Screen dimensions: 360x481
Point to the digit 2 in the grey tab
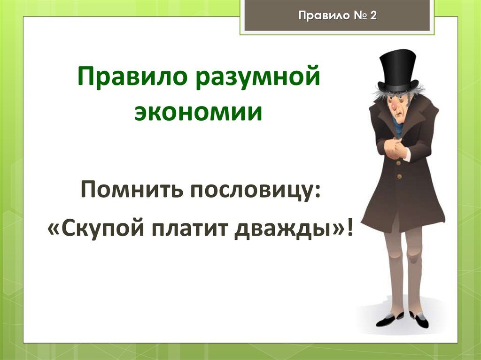click(374, 15)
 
